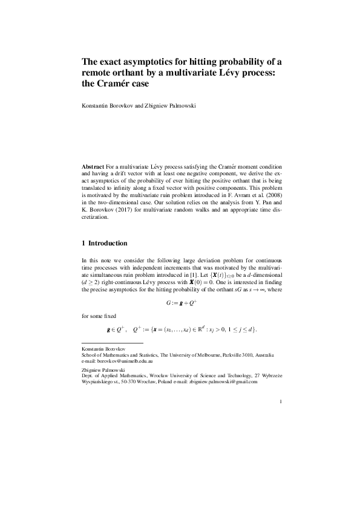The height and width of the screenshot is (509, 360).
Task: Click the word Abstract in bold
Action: [x=93, y=166]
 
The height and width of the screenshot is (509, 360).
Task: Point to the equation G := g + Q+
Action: [x=180, y=299]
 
